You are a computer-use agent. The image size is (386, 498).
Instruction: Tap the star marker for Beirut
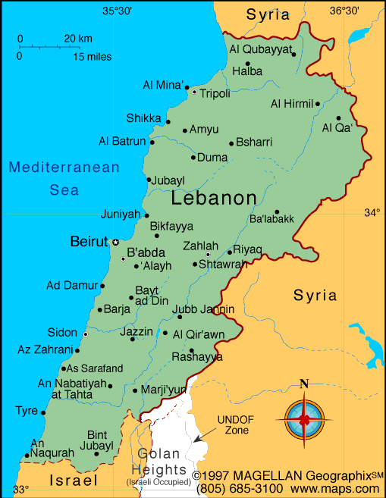coord(115,242)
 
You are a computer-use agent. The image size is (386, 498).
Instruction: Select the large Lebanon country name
coord(214,199)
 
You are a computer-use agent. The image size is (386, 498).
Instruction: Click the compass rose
coord(304,418)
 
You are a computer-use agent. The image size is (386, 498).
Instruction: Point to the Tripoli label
coord(215,93)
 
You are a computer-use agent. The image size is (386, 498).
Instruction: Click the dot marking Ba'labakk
coord(277,212)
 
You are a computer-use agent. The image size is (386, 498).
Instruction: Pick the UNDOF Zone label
coord(232,424)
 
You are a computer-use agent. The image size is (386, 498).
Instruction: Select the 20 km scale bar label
coord(77,39)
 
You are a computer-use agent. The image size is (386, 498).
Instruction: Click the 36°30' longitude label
coord(344,10)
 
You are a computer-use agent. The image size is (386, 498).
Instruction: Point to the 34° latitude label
coord(372,213)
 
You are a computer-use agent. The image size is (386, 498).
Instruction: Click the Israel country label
coord(74,481)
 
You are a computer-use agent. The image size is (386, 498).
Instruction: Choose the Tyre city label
coord(26,411)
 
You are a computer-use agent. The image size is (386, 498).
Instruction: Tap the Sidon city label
coord(62,333)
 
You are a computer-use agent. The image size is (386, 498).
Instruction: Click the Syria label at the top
coord(268,14)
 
